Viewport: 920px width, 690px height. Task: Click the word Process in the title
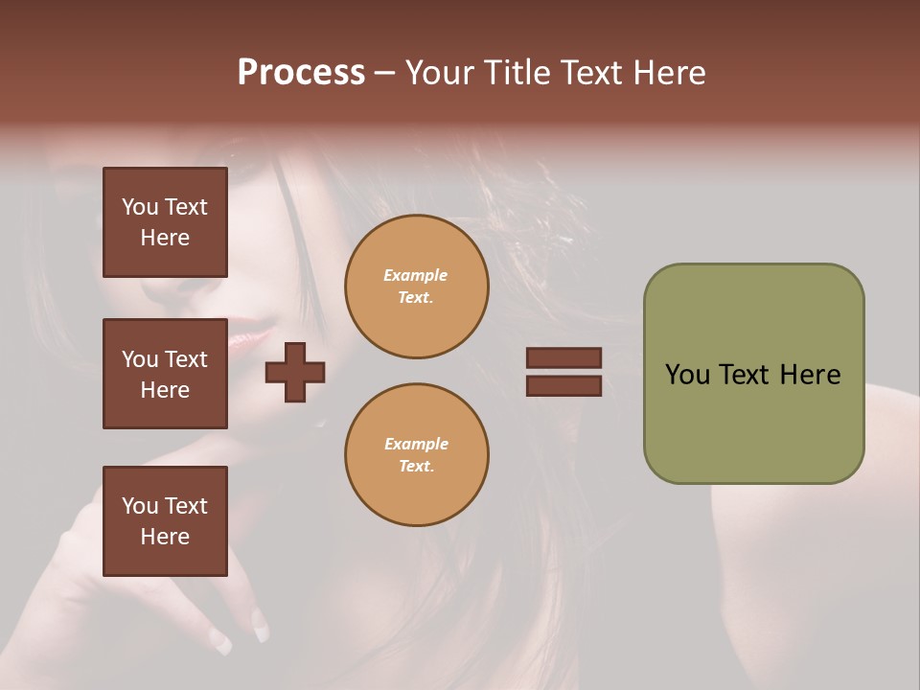(x=301, y=73)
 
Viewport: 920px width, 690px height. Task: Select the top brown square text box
(x=165, y=222)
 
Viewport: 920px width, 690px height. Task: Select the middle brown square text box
(x=165, y=374)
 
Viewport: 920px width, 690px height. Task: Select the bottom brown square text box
(x=165, y=520)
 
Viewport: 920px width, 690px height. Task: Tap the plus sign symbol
(x=295, y=372)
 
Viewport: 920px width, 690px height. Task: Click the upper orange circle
(x=416, y=287)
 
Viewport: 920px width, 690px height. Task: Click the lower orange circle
(x=416, y=455)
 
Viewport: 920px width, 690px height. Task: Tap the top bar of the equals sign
(x=563, y=357)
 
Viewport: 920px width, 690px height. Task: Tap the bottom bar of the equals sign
(x=563, y=386)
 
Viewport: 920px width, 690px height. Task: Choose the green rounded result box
(x=753, y=374)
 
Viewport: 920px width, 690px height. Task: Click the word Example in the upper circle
(x=416, y=276)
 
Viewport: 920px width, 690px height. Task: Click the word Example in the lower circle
(x=416, y=445)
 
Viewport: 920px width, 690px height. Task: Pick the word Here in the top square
(x=165, y=238)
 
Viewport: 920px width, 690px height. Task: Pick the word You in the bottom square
(x=140, y=506)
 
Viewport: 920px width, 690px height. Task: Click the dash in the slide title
(x=385, y=73)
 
